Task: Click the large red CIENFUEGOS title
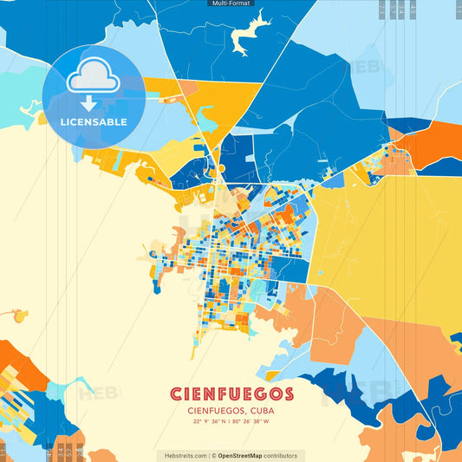tap(231, 394)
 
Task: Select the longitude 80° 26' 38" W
tap(253, 422)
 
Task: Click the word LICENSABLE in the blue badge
tap(94, 122)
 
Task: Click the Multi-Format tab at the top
tap(231, 3)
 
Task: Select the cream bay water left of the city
tap(78, 243)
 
